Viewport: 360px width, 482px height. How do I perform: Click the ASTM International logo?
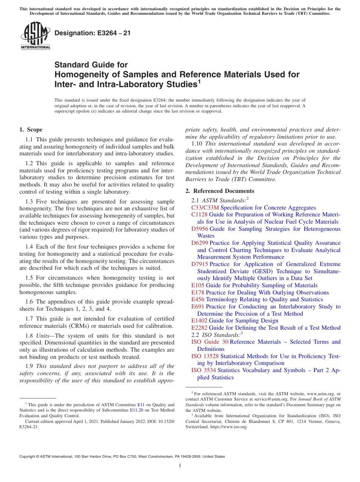pos(35,36)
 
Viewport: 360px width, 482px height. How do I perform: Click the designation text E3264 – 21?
pos(92,33)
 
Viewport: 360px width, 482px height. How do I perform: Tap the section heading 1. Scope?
pos(31,130)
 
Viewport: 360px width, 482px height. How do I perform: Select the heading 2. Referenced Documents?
pos(220,191)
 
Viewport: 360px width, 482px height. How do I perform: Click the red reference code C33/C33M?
pos(205,208)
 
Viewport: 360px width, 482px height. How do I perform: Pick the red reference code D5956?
pos(200,229)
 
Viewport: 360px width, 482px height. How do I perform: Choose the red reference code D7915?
pos(200,264)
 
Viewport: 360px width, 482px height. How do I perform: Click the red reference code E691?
pos(198,307)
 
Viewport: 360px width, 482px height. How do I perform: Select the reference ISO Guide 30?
pos(210,342)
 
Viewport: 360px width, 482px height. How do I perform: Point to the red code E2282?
pos(199,328)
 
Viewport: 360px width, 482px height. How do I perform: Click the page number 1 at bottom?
pos(180,466)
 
